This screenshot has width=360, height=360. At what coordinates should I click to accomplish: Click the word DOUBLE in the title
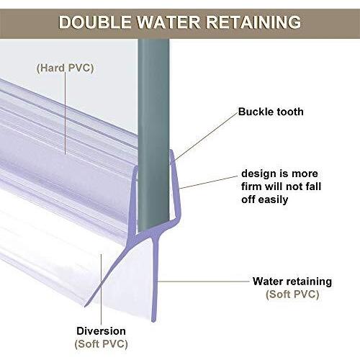click(x=95, y=22)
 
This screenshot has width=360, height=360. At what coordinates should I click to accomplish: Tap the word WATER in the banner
click(x=168, y=22)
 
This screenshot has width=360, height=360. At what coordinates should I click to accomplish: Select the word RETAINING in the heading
click(x=253, y=22)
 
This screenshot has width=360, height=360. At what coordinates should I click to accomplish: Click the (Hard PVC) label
click(x=65, y=68)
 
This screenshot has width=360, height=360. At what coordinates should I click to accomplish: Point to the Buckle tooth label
click(x=271, y=112)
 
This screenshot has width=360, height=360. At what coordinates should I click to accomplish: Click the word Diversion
click(x=101, y=331)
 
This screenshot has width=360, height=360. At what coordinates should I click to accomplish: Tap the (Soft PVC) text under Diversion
click(x=101, y=344)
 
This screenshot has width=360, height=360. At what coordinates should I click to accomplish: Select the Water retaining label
click(x=292, y=282)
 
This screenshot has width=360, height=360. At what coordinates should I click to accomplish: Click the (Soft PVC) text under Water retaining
click(x=292, y=294)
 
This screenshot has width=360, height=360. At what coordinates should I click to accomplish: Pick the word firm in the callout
click(x=251, y=186)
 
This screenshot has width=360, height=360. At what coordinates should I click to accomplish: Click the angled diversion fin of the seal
click(x=108, y=271)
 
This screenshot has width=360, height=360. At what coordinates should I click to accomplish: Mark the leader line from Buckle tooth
click(x=206, y=136)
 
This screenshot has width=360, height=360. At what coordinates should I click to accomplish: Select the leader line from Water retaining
click(x=204, y=281)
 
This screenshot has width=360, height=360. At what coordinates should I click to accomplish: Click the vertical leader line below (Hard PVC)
click(x=66, y=113)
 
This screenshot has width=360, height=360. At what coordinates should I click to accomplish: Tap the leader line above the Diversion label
click(x=102, y=289)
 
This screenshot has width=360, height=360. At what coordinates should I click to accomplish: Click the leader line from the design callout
click(x=208, y=182)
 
